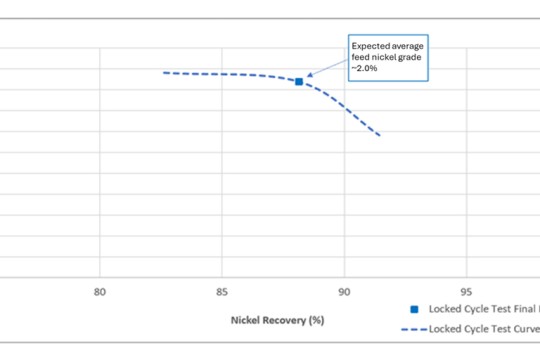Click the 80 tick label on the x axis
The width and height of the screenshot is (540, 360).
(99, 292)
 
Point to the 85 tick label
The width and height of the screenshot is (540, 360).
(222, 292)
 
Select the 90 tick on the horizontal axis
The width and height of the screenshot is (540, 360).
(344, 292)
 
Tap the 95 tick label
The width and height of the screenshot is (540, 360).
(466, 292)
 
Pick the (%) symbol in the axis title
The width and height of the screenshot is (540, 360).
(317, 320)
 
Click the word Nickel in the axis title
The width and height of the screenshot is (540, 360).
(246, 320)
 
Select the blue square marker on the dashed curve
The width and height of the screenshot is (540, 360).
(299, 81)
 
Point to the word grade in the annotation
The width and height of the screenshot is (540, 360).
(410, 58)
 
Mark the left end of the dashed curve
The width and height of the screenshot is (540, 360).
(163, 72)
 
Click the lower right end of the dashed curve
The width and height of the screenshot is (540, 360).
(380, 135)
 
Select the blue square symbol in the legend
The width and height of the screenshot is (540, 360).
(413, 309)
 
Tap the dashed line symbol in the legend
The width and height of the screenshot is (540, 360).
(413, 328)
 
